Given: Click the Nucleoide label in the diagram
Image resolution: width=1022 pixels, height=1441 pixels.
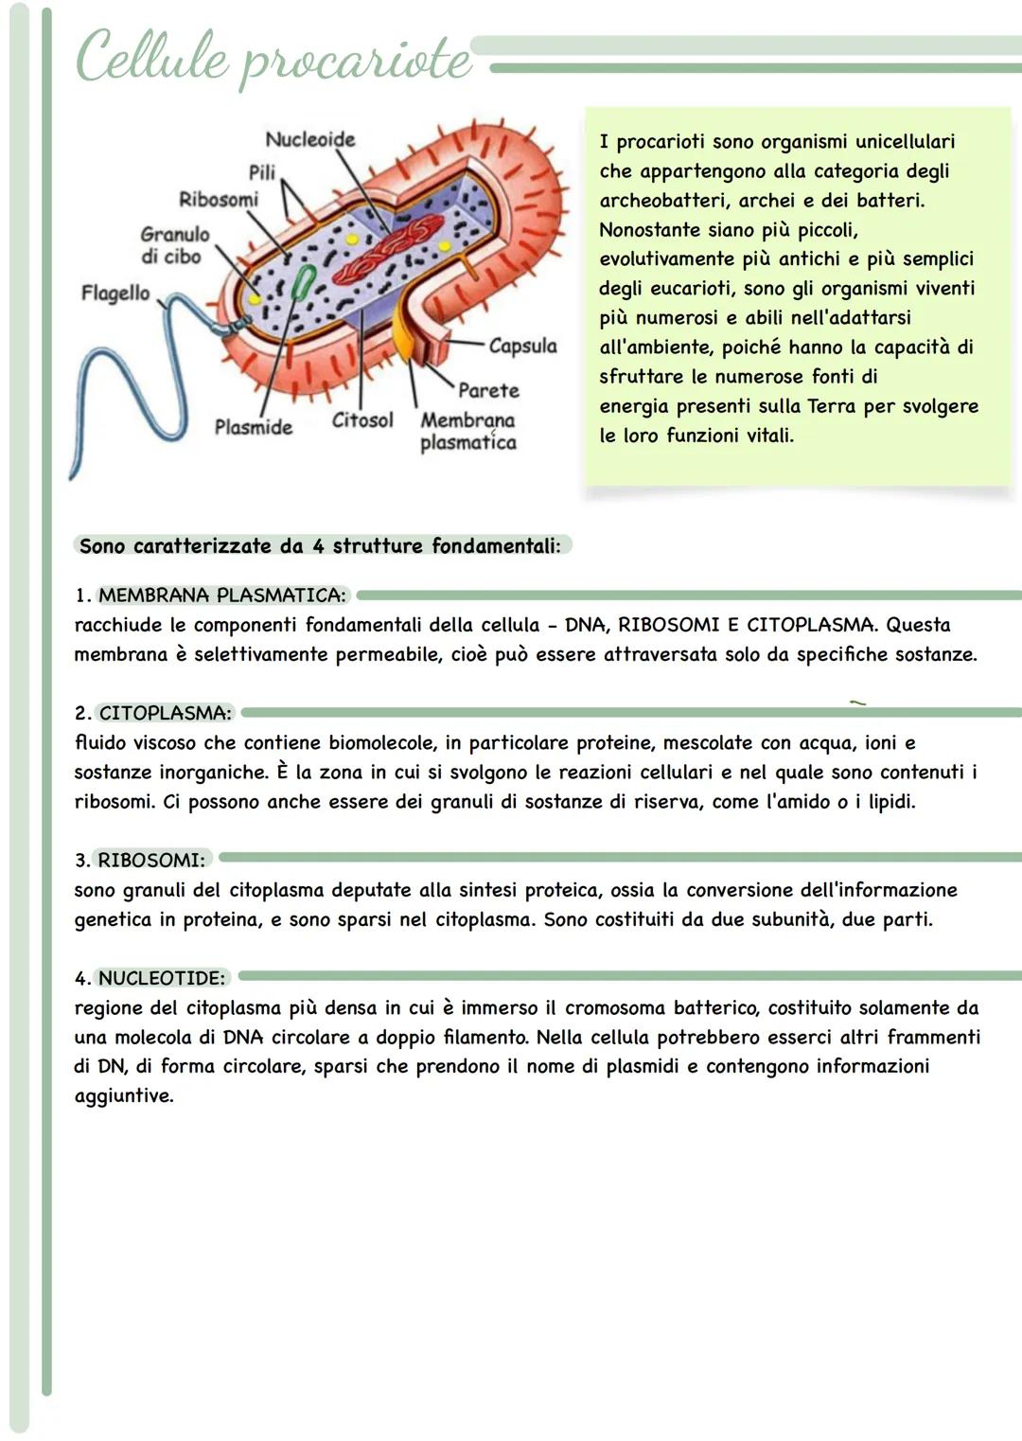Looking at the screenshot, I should click(x=309, y=139).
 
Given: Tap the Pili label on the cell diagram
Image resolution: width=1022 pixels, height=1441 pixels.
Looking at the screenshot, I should click(x=262, y=171).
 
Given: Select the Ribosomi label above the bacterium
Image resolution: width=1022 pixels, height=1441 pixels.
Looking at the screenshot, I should click(x=219, y=199).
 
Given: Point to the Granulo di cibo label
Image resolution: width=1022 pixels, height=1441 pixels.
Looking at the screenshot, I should click(x=174, y=245).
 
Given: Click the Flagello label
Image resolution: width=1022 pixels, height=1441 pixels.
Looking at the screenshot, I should click(x=115, y=293).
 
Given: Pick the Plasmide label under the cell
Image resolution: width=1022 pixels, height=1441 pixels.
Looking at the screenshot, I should click(x=253, y=427).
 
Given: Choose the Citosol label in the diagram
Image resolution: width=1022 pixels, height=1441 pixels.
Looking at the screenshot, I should click(x=362, y=419).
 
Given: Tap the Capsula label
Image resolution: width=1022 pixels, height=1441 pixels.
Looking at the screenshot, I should click(x=522, y=346).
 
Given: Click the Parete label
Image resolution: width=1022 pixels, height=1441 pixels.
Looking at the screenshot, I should click(x=488, y=390).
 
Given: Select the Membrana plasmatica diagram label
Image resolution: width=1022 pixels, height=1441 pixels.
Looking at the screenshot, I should click(x=468, y=431).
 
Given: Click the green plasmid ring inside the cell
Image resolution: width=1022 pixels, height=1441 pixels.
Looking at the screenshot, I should click(x=304, y=282).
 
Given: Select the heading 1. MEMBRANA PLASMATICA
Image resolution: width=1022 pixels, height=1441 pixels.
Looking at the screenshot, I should click(x=212, y=596).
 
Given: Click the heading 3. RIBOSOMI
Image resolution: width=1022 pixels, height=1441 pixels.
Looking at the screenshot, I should click(x=141, y=861).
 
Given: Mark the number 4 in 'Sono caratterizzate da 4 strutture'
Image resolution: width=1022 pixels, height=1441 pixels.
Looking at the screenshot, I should click(x=318, y=546).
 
